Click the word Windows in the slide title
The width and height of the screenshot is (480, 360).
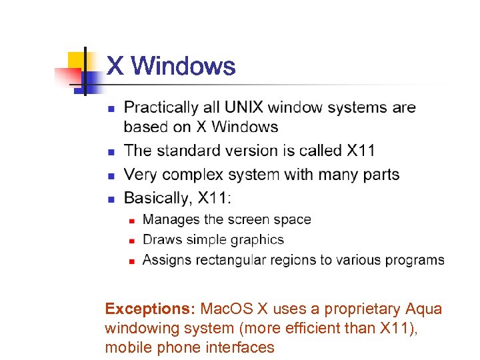pyautogui.click(x=183, y=66)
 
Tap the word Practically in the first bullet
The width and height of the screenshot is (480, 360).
pyautogui.click(x=161, y=107)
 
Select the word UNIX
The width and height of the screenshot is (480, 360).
pyautogui.click(x=243, y=107)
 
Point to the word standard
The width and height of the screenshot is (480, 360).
pyautogui.click(x=187, y=151)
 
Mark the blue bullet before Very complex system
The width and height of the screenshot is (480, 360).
pyautogui.click(x=111, y=175)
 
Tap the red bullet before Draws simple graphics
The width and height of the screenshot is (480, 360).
pyautogui.click(x=132, y=241)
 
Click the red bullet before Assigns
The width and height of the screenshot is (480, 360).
pyautogui.click(x=132, y=261)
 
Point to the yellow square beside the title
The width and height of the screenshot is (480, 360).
pyautogui.click(x=77, y=60)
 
